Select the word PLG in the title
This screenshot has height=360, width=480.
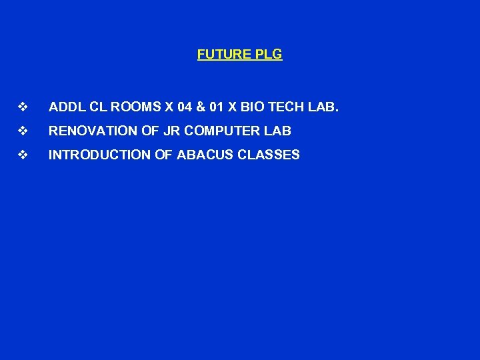click(269, 55)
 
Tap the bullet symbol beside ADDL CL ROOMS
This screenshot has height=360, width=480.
click(23, 107)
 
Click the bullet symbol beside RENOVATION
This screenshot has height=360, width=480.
click(23, 131)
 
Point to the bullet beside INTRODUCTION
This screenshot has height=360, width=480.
click(23, 155)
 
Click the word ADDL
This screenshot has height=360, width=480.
click(65, 107)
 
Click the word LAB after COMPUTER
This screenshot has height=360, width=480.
click(279, 131)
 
